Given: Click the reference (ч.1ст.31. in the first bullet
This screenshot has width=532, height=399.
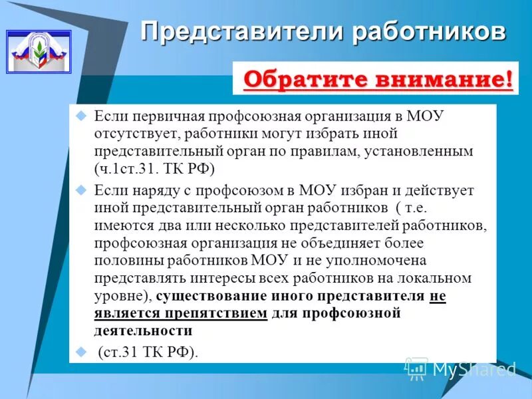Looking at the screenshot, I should coord(126,169).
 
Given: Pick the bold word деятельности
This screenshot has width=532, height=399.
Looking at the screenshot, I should coord(143,331).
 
